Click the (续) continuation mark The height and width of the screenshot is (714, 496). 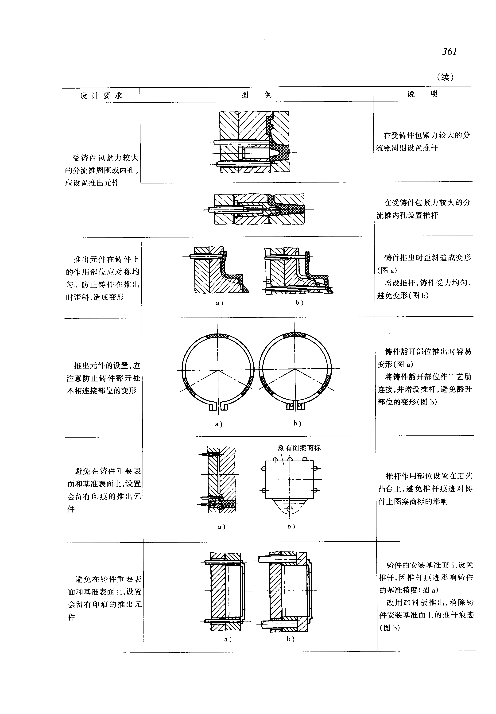point(445,77)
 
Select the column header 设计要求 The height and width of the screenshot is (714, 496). point(101,95)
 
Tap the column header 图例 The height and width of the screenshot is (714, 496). point(256,94)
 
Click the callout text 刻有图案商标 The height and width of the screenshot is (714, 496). point(299,448)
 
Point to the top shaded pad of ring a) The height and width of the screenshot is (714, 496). point(217,336)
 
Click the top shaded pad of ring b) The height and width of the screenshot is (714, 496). point(294,335)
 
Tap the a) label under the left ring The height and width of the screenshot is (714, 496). point(219,424)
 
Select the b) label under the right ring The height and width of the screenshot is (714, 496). point(297,423)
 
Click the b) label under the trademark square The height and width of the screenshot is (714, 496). point(291,526)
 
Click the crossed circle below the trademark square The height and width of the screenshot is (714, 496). point(290,509)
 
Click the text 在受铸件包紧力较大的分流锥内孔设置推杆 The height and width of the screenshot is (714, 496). point(423,209)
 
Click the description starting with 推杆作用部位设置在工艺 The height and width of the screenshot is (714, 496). point(425,488)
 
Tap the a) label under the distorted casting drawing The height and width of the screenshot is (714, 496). point(219,303)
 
